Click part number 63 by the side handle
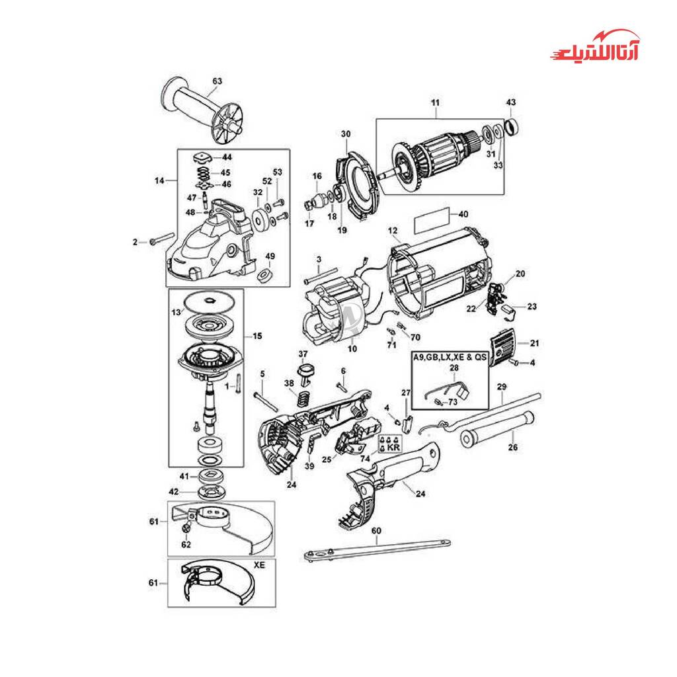click(x=217, y=81)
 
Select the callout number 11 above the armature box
click(x=435, y=102)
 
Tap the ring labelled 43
click(x=511, y=126)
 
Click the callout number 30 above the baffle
click(x=346, y=134)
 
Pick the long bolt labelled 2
click(x=161, y=239)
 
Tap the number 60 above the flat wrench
click(x=376, y=530)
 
